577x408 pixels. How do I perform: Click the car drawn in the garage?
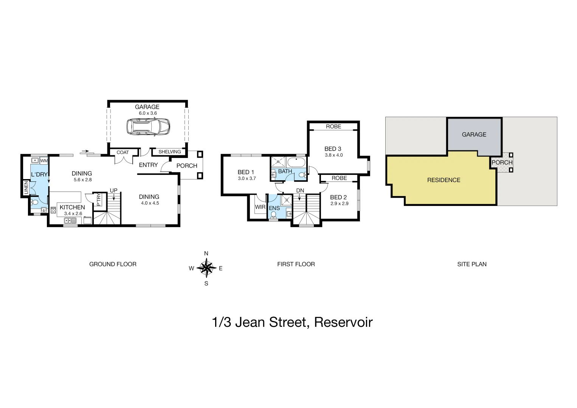point(147,127)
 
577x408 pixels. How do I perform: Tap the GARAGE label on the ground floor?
point(147,107)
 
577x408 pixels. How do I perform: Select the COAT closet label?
point(123,153)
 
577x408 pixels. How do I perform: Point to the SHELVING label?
point(169,152)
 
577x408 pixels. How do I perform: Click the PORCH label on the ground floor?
point(187,166)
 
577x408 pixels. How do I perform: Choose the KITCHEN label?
point(72,207)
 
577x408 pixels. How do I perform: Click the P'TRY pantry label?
point(98,200)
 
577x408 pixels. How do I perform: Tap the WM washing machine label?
point(44,161)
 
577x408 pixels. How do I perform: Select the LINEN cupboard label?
point(26,188)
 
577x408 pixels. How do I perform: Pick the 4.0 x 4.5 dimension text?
point(149,203)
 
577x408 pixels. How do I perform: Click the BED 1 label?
point(246,172)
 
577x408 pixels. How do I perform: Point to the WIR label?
point(260,207)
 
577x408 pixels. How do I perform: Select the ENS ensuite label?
point(274,208)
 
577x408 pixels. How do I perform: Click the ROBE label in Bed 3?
point(333,127)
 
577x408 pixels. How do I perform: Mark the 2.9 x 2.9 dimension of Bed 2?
point(339,204)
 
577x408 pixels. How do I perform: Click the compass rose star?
point(206,268)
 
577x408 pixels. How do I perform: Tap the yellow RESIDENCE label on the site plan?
point(444,180)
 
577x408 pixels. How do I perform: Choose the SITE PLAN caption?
point(472,264)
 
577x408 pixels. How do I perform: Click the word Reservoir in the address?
point(343,322)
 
